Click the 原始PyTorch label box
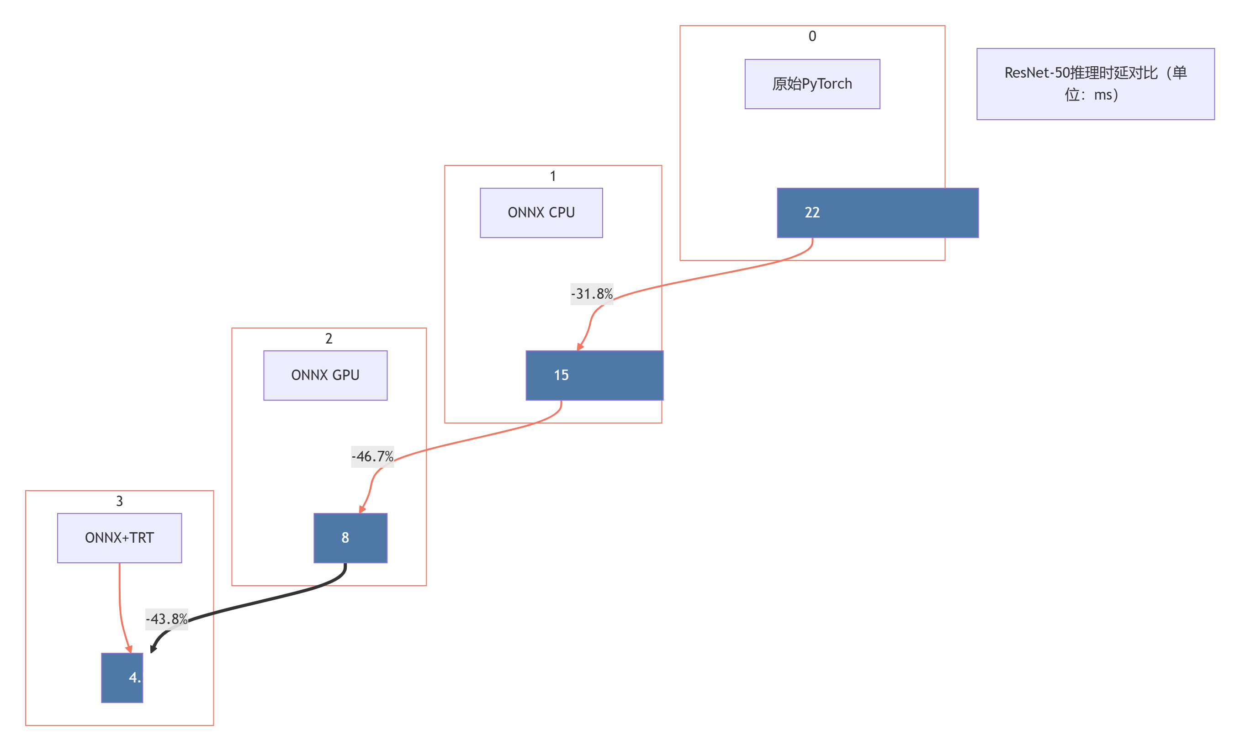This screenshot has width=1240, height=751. tap(812, 84)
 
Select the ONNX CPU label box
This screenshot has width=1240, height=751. tap(541, 213)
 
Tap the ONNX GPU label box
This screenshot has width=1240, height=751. tap(325, 375)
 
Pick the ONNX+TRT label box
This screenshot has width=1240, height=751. tap(119, 538)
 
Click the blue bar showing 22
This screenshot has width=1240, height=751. tap(877, 213)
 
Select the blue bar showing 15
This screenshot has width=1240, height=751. tap(594, 375)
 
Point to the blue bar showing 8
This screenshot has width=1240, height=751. tap(350, 538)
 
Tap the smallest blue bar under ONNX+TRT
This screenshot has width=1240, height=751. tap(122, 677)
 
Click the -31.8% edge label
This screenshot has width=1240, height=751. tap(591, 294)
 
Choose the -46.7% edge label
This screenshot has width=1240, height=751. tap(372, 457)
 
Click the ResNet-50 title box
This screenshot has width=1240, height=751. tap(1095, 84)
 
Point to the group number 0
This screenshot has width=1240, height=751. tap(812, 36)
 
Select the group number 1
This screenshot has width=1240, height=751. tap(552, 176)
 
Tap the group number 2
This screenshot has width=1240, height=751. tap(329, 338)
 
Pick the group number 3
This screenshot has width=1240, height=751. tap(119, 501)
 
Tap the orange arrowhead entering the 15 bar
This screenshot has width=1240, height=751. tap(580, 347)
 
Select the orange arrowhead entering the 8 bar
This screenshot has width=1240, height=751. tap(362, 509)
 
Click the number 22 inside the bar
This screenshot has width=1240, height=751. tap(812, 213)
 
